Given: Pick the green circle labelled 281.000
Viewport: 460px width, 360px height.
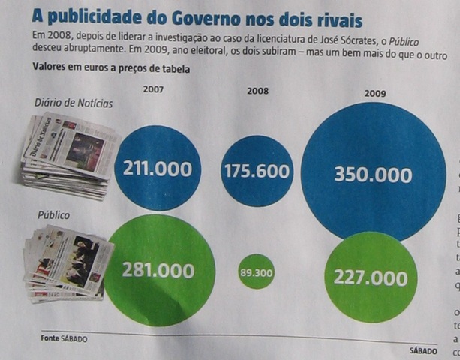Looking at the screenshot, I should click(159, 270).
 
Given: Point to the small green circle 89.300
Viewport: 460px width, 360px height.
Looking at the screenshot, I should click(257, 272).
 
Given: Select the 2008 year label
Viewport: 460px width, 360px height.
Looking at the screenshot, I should click(258, 91).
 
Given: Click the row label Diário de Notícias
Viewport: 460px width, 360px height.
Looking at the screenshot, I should click(74, 103).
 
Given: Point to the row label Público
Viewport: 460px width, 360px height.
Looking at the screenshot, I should click(53, 215).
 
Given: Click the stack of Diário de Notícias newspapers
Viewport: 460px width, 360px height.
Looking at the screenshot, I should click(69, 155).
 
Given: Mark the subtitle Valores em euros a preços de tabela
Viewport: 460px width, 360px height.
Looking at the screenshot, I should click(111, 68).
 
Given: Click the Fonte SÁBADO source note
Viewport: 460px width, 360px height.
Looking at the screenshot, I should click(63, 339).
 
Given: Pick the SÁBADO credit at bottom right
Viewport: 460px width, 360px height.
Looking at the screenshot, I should click(423, 350).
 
